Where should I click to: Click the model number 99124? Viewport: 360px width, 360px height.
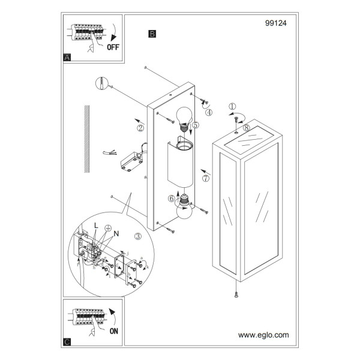(276, 23)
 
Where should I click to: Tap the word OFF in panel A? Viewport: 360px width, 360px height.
(113, 47)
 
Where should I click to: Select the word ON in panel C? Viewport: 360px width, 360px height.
(114, 331)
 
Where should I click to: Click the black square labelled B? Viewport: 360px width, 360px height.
(152, 34)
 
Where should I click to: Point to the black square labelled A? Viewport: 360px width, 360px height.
(67, 58)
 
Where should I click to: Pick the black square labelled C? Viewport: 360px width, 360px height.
(67, 342)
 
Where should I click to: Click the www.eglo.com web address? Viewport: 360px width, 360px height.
(263, 335)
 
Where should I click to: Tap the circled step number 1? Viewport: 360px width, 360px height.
(232, 107)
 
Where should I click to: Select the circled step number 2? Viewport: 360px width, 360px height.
(140, 128)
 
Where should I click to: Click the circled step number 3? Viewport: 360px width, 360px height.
(138, 236)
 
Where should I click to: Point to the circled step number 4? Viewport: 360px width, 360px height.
(209, 112)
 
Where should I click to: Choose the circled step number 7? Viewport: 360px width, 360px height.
(206, 178)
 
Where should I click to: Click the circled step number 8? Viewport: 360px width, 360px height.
(247, 127)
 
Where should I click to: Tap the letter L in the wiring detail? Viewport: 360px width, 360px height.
(96, 226)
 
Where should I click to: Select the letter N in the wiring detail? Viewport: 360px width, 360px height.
(116, 234)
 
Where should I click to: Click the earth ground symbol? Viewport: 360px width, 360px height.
(108, 228)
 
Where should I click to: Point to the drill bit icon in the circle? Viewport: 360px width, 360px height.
(102, 83)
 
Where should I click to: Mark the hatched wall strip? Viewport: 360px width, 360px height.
(86, 139)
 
